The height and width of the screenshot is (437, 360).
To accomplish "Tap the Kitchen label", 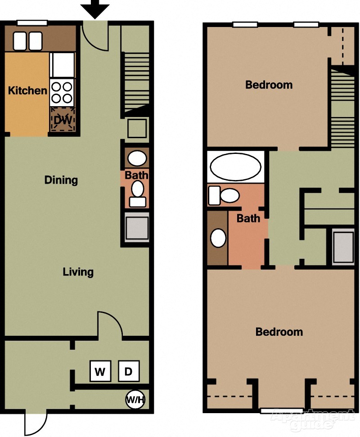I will (27, 90).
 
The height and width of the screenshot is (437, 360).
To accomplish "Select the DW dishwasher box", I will (62, 120).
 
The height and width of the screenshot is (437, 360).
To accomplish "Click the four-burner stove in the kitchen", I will (62, 92).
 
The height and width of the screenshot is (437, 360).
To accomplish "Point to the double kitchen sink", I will (27, 41).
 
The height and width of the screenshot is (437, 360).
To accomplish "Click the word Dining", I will (61, 180).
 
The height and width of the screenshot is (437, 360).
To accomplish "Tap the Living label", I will (78, 272).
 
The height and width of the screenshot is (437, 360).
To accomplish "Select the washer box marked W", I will (100, 371).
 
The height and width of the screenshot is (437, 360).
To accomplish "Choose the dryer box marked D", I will (129, 371).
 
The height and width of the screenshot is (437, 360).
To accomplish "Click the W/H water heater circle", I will (135, 399).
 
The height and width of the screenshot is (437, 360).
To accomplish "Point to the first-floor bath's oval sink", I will (137, 158).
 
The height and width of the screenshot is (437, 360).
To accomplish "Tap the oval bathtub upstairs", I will (235, 167).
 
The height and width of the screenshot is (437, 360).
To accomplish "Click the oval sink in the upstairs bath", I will (218, 238).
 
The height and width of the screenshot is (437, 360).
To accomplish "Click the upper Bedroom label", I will (269, 85).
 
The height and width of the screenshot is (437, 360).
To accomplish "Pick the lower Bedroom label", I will (279, 332).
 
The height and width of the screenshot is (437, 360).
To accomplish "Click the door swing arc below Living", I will (109, 323).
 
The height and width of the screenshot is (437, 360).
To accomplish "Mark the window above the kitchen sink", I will (32, 23).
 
